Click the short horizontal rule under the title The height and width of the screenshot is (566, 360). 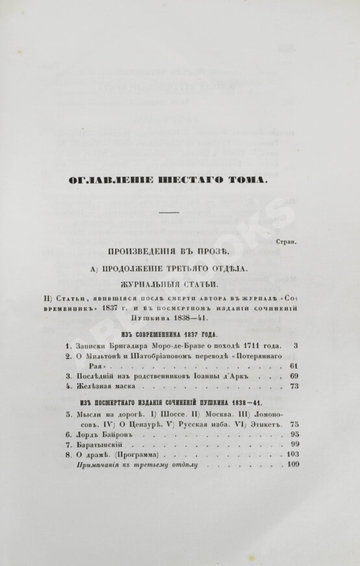coord(168,212)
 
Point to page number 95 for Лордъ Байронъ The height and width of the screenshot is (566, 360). coord(293,435)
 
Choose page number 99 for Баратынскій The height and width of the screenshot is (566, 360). coord(293,446)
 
